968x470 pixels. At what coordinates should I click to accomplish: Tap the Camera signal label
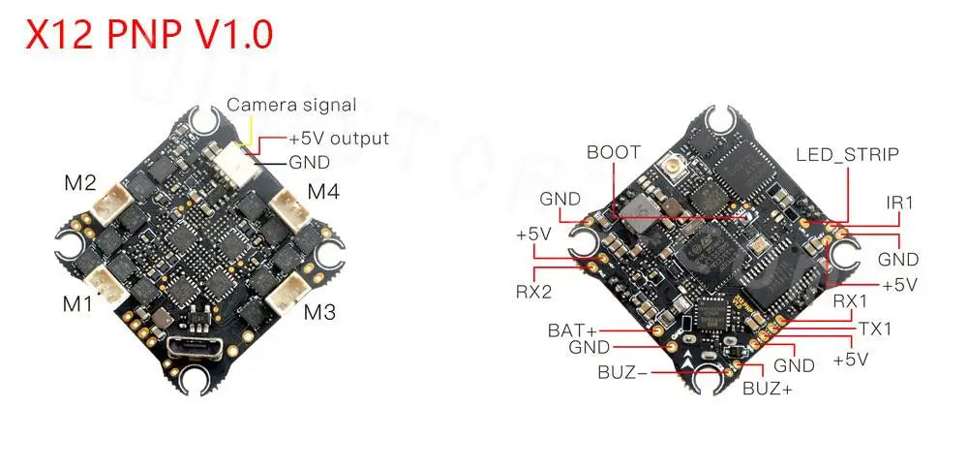point(291,105)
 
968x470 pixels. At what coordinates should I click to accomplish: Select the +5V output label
point(339,139)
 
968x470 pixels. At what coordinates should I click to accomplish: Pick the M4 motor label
point(323,191)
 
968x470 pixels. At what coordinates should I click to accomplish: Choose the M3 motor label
point(320,312)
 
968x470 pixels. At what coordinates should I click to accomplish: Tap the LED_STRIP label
point(847,154)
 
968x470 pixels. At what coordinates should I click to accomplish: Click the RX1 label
point(851,302)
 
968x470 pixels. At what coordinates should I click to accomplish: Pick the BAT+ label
point(573,329)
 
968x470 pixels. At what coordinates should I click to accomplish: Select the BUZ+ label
point(767,390)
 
